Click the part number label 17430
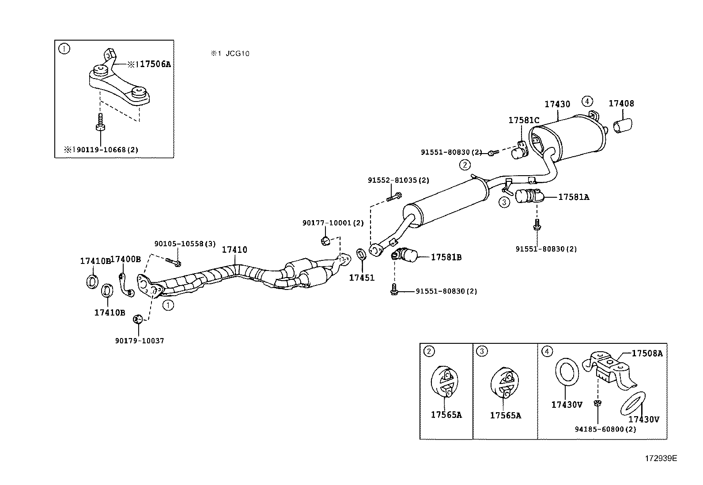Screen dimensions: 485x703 pyautogui.click(x=557, y=105)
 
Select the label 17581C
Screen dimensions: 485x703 pyautogui.click(x=524, y=120)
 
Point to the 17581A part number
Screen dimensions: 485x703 pyautogui.click(x=573, y=197)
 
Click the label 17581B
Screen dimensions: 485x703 pyautogui.click(x=446, y=257)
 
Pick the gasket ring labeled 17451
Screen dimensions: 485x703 pyautogui.click(x=361, y=254)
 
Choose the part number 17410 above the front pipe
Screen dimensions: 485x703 pyautogui.click(x=234, y=250)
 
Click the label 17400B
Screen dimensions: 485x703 pyautogui.click(x=125, y=259)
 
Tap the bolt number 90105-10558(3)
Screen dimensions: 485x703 pyautogui.click(x=185, y=244)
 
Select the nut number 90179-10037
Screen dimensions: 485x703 pyautogui.click(x=139, y=341)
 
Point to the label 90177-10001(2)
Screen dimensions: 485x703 pyautogui.click(x=333, y=223)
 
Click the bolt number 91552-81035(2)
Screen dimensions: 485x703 pyautogui.click(x=398, y=180)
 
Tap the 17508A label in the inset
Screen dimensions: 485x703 pyautogui.click(x=647, y=353)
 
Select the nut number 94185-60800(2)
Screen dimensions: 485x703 pyautogui.click(x=605, y=429)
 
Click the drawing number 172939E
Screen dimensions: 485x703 pyautogui.click(x=660, y=458)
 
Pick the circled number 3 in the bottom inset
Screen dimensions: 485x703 pyautogui.click(x=482, y=351)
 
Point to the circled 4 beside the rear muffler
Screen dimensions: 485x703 pyautogui.click(x=586, y=101)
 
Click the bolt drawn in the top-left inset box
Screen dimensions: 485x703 pyautogui.click(x=100, y=122)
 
